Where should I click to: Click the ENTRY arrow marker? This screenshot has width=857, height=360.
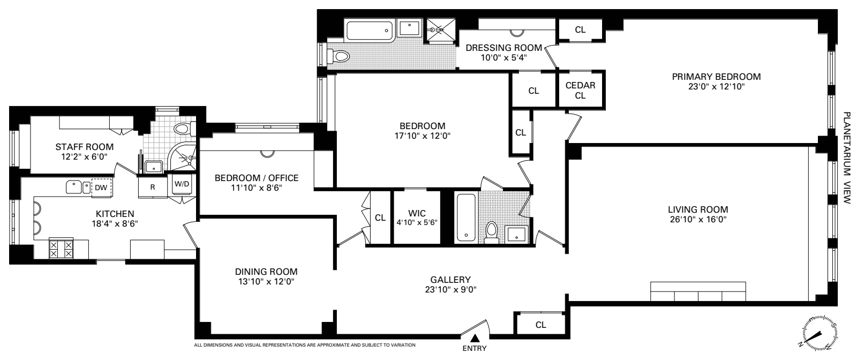click(x=475, y=338)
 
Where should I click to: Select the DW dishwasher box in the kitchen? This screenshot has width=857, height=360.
click(x=101, y=187)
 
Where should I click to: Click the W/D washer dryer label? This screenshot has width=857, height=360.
click(x=182, y=184)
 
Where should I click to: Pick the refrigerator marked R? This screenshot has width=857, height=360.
click(x=153, y=186)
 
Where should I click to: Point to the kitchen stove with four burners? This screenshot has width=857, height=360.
click(x=61, y=248)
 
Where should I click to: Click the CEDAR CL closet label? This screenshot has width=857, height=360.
click(x=581, y=91)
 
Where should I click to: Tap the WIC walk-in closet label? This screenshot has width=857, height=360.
click(x=417, y=213)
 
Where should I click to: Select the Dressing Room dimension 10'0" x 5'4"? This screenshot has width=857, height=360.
click(x=504, y=58)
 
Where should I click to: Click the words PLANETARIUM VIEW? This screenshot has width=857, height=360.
click(x=847, y=157)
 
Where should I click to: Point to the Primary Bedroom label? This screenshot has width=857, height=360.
click(x=716, y=77)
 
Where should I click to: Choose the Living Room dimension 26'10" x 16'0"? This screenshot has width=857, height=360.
click(x=698, y=220)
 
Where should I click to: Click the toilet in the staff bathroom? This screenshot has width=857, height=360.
click(x=184, y=129)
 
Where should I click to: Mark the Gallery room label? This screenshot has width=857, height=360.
click(x=450, y=280)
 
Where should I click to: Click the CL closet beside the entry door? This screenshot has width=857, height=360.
click(x=540, y=325)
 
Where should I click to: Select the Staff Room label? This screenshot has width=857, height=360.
click(x=84, y=147)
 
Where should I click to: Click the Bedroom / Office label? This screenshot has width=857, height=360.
click(x=257, y=178)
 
